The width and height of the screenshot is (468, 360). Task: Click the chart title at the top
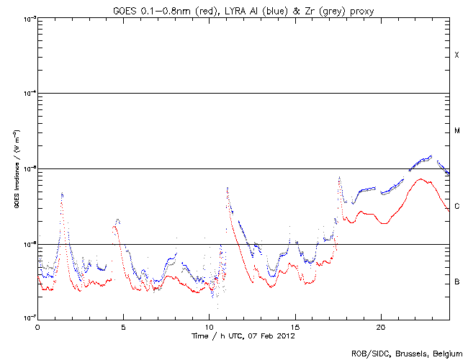coord(243,10)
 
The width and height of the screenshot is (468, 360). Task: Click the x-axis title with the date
coord(243,336)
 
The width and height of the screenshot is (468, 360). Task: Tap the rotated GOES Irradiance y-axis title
coord(15,168)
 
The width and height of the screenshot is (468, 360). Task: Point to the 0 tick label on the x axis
coord(37,326)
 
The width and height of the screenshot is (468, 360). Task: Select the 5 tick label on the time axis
coord(123,326)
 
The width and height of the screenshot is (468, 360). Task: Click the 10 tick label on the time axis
coord(209,326)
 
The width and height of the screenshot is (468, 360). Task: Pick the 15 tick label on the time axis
coord(294,326)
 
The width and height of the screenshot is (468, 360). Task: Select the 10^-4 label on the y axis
coord(27,94)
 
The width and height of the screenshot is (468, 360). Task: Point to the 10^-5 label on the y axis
coord(27,168)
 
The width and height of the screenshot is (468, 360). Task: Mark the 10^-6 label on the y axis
coord(27,244)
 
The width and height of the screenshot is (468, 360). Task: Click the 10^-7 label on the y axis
coord(27,318)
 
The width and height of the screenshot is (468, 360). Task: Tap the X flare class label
coord(456,55)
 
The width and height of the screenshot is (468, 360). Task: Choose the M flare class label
coord(456,131)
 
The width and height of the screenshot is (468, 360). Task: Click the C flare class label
coord(456,207)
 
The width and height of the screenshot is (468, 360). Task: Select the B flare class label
coord(456,282)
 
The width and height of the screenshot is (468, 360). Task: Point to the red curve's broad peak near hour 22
coord(420,180)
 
